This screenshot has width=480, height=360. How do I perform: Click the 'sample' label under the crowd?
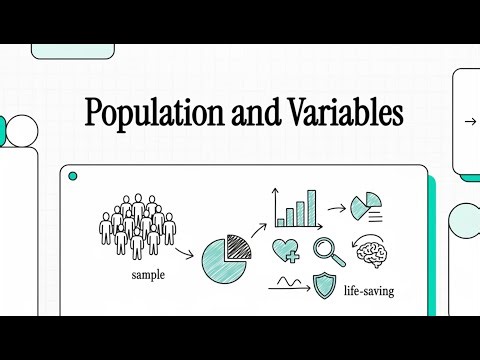148,273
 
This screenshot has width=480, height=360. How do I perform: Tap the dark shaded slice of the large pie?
236,245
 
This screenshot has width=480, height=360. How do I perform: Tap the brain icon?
372,256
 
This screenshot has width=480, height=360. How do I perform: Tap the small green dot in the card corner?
72,177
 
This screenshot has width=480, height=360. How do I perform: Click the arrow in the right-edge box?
470,121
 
